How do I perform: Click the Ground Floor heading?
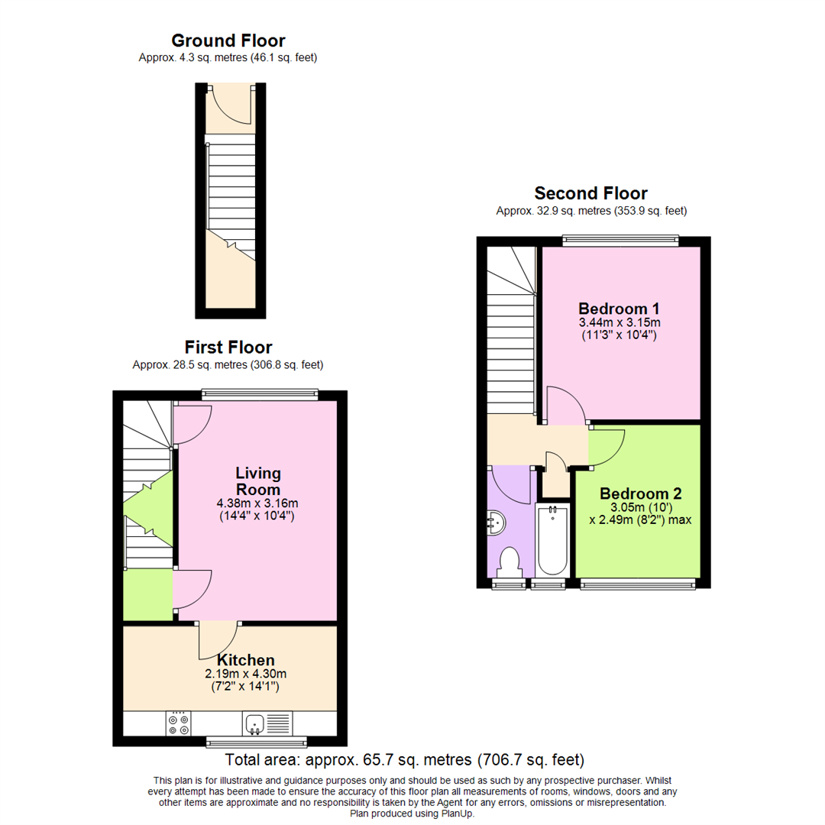(x=228, y=40)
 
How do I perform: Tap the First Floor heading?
(x=228, y=348)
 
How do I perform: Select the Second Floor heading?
(x=590, y=193)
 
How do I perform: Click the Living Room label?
(x=258, y=481)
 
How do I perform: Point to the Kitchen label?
(x=246, y=660)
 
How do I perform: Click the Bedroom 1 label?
(x=619, y=309)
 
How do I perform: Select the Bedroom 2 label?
(x=641, y=493)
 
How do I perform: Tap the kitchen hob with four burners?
(x=178, y=723)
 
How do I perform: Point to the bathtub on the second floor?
(x=552, y=540)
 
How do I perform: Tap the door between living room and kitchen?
(x=217, y=640)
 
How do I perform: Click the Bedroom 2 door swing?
(x=607, y=448)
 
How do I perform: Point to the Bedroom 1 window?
(x=620, y=241)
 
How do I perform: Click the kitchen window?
(x=257, y=742)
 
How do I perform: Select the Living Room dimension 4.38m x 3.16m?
(x=257, y=503)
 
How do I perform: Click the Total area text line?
(x=405, y=760)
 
